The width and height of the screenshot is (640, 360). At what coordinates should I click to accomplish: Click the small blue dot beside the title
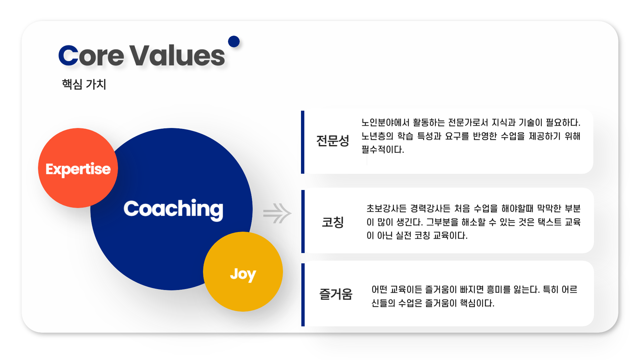234,42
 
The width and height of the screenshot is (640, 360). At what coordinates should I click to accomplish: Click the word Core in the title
91,55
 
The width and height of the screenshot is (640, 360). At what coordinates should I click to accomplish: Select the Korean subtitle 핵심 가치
84,84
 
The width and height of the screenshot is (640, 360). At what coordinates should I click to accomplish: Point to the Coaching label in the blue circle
173,210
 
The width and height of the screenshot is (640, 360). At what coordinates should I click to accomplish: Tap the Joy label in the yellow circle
243,275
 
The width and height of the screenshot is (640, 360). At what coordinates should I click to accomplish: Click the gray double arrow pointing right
277,213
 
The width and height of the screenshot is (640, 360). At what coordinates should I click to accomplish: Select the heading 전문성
333,141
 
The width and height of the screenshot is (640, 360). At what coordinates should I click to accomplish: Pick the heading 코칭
333,222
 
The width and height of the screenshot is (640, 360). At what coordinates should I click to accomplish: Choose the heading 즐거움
336,294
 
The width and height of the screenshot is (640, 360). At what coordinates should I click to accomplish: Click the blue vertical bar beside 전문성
303,142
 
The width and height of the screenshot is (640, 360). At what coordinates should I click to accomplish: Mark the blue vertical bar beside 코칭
303,222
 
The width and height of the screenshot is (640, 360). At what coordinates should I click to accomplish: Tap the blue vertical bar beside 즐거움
303,295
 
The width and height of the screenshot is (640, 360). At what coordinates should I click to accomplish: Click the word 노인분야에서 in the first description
386,123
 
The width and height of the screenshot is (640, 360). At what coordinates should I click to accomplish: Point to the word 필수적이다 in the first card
383,150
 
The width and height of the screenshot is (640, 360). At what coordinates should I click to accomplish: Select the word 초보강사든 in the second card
387,209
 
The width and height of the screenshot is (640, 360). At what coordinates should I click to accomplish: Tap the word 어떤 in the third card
379,290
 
